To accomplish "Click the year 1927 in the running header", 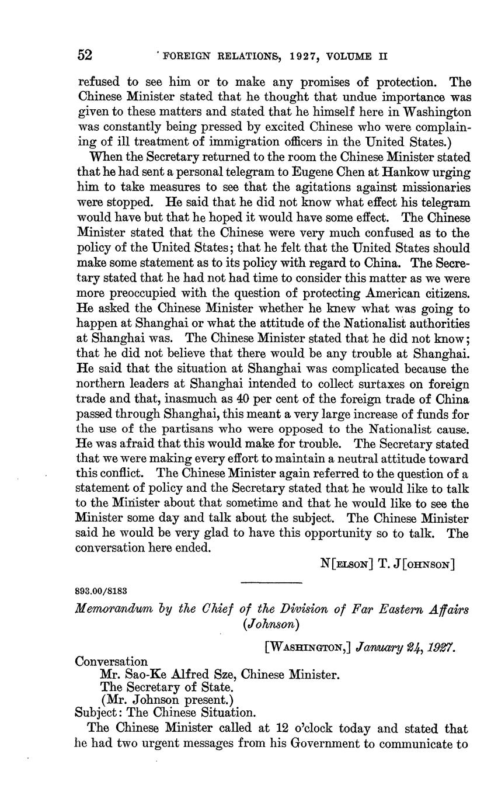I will (304, 57).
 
